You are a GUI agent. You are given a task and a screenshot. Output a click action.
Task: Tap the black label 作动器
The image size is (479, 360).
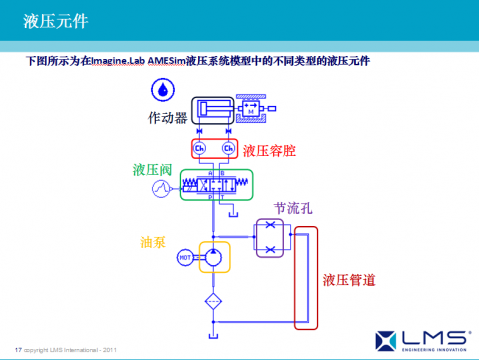pyautogui.click(x=168, y=119)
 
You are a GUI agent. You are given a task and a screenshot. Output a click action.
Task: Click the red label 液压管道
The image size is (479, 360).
pyautogui.click(x=349, y=280)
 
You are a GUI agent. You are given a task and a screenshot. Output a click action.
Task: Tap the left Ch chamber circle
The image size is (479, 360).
pyautogui.click(x=200, y=149)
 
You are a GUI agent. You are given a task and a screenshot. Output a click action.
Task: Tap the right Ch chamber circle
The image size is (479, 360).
pyautogui.click(x=229, y=149)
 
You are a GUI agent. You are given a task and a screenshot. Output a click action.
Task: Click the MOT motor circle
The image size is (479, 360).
pyautogui.click(x=185, y=258)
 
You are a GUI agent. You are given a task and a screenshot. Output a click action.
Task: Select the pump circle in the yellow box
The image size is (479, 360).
pyautogui.click(x=213, y=257)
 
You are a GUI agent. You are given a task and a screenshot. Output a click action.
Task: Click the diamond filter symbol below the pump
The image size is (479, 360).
pyautogui.click(x=213, y=301)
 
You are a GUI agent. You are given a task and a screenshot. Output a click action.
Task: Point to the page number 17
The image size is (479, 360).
pyautogui.click(x=18, y=348)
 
